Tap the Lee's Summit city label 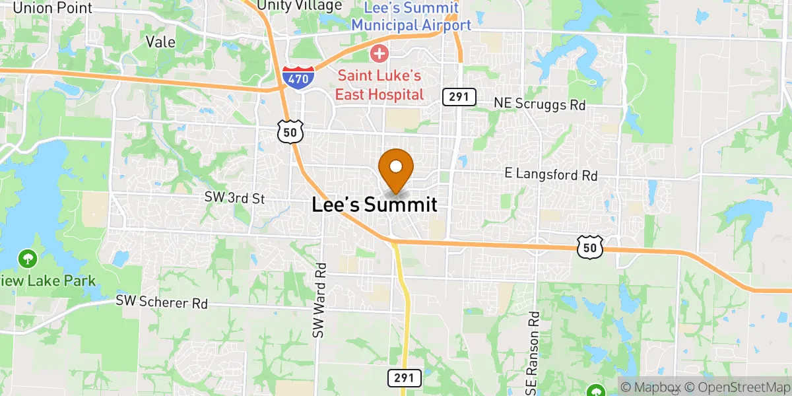pyautogui.click(x=374, y=205)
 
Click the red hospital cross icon pyautogui.click(x=379, y=52)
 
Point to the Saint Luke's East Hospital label pyautogui.click(x=379, y=86)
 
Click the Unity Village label pyautogui.click(x=300, y=5)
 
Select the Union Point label pyautogui.click(x=52, y=9)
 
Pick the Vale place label pyautogui.click(x=160, y=42)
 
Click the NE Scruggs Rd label pyautogui.click(x=540, y=104)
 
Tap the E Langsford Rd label pyautogui.click(x=550, y=175)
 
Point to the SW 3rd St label pyautogui.click(x=235, y=198)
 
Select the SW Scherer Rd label pyautogui.click(x=162, y=302)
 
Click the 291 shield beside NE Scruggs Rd pyautogui.click(x=459, y=97)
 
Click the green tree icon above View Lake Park pyautogui.click(x=27, y=257)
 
